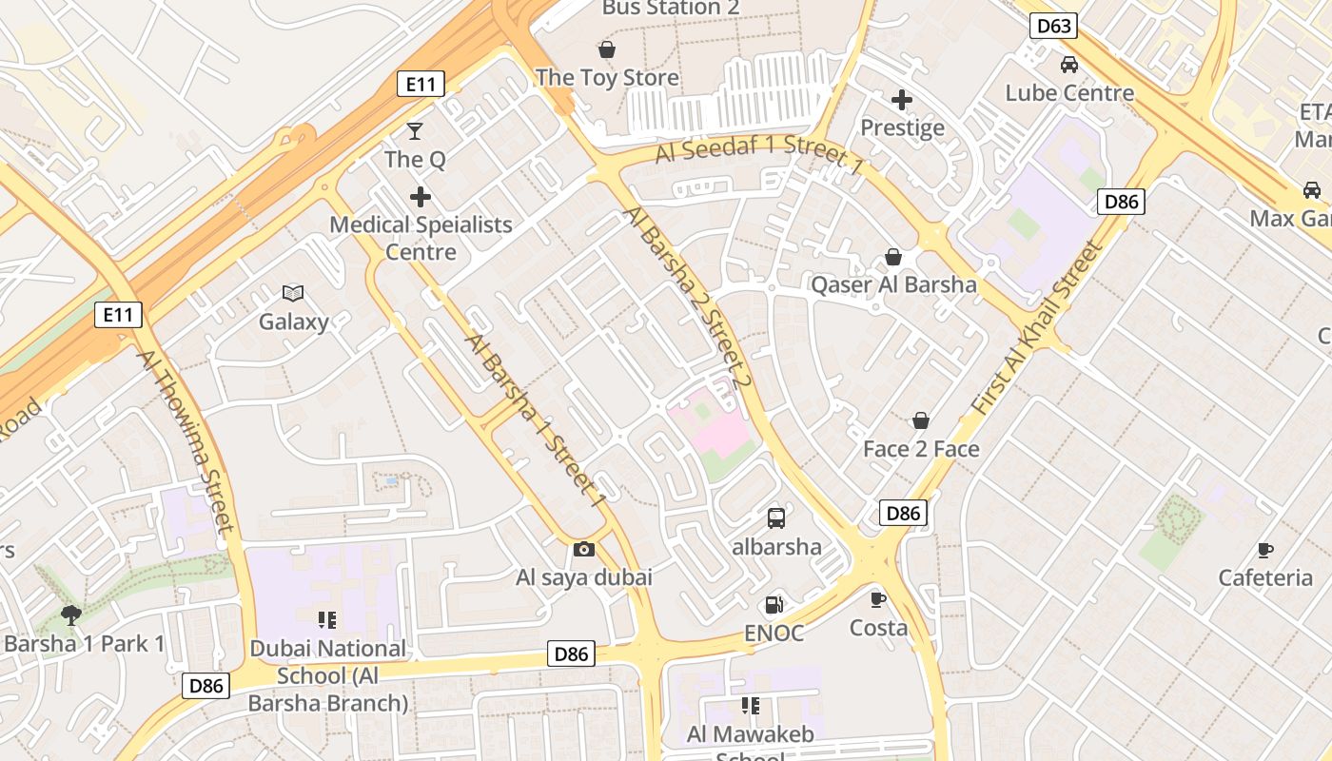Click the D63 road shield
[x=1053, y=26]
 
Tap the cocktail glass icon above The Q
[x=415, y=130]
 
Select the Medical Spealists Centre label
[x=421, y=239]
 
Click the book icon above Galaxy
[x=293, y=294]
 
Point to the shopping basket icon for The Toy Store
[x=607, y=49]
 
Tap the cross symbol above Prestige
[x=902, y=99]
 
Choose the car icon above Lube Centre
[x=1069, y=65]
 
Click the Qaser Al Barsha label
[x=893, y=284]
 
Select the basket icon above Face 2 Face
[x=921, y=420]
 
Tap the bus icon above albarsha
[x=776, y=518]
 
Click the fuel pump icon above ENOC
[x=774, y=605]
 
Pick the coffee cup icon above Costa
[x=878, y=599]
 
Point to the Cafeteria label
[x=1265, y=577]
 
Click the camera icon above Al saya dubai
[x=584, y=549]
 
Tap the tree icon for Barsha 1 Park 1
[x=70, y=615]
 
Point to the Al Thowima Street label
[x=186, y=440]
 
